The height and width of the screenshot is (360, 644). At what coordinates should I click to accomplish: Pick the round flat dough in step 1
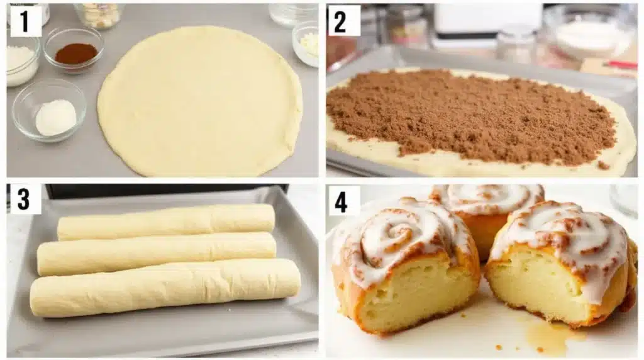200,101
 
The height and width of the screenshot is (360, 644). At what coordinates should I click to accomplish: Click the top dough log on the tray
166,222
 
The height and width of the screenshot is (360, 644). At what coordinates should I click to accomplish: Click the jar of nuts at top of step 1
99,15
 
